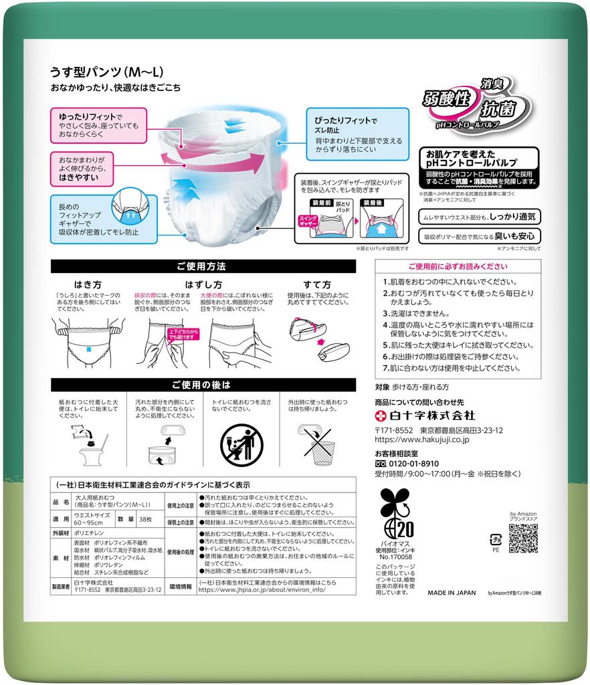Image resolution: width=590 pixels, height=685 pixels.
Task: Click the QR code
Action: coord(522,538)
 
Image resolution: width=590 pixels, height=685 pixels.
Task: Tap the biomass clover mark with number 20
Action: coord(395,518)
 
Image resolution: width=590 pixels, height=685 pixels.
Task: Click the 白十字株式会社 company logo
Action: coord(425,415)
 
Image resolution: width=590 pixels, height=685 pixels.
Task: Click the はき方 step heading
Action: coord(88,284)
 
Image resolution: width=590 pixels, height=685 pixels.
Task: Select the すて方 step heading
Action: coord(318,284)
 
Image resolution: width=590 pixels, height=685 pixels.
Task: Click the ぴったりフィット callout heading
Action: coord(341,121)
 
